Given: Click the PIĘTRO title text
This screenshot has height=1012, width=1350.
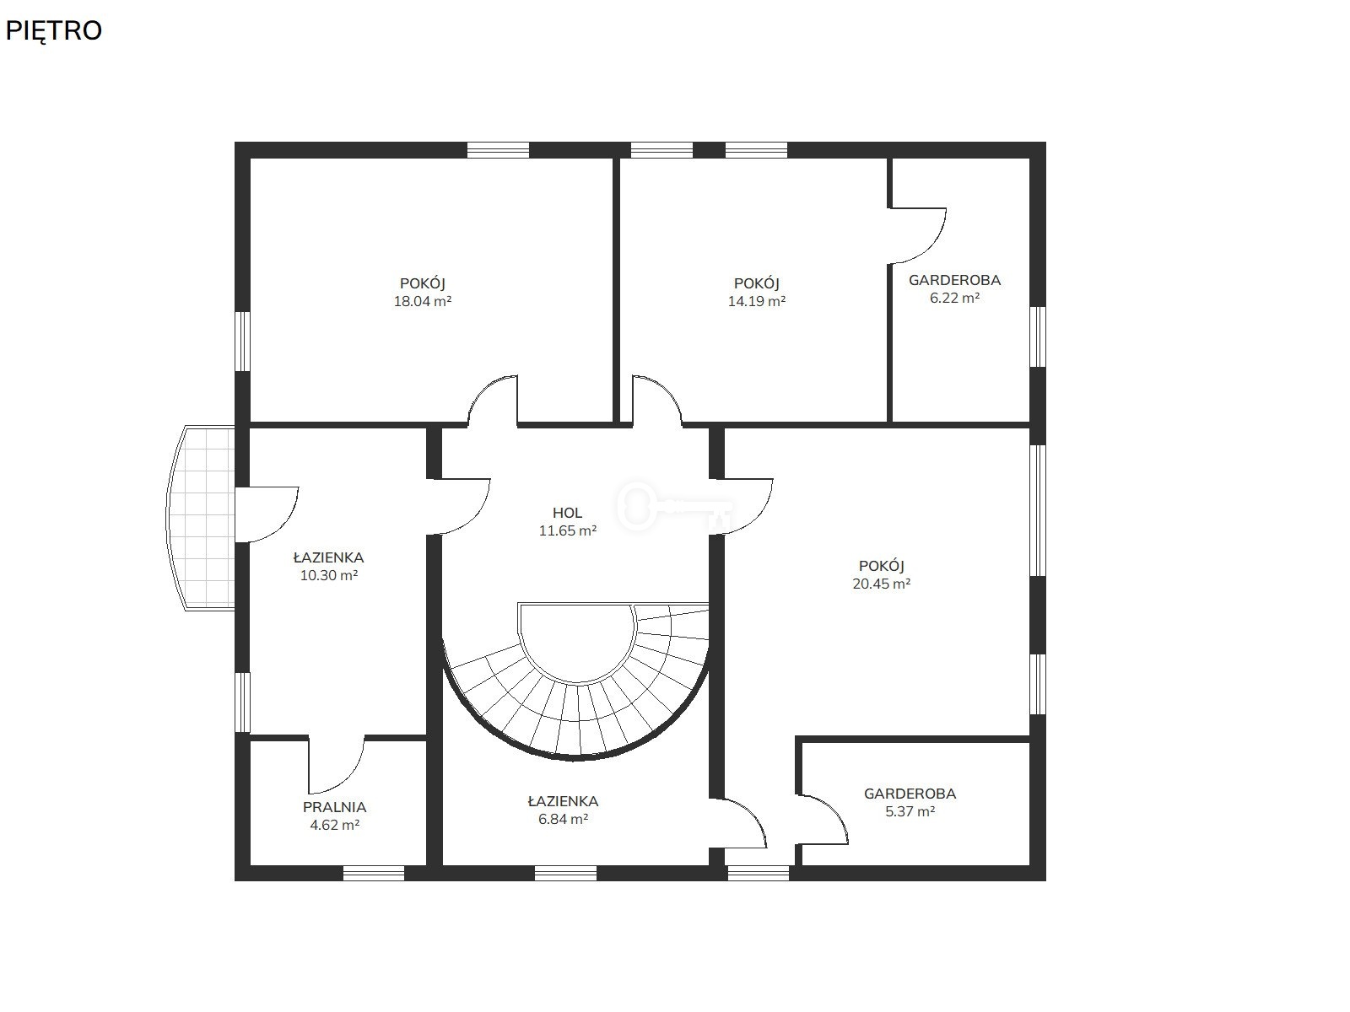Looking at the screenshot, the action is [53, 30].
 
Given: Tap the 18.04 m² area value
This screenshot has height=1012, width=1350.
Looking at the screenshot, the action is [423, 301].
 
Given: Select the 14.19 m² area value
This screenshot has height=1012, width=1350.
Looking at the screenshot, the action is [757, 301].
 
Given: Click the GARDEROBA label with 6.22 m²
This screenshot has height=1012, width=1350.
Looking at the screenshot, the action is [954, 280].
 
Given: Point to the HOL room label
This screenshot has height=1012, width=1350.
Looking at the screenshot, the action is [567, 513].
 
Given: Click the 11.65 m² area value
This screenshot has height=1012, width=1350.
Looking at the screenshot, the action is [568, 530].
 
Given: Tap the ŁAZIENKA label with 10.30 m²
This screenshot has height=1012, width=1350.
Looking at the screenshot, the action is [328, 557].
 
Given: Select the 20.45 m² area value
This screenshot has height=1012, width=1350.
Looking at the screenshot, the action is [882, 584].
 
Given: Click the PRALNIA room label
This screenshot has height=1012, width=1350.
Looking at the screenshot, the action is [334, 807].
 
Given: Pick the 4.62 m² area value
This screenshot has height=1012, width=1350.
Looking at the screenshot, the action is [335, 825].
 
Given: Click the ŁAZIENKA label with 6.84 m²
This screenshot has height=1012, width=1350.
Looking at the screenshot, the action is [563, 801].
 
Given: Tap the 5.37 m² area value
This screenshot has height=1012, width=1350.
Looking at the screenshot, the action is [910, 811].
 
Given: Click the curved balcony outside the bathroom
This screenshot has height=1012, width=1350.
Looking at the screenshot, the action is [201, 518].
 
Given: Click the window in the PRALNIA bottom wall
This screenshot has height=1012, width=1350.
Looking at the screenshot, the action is [373, 873].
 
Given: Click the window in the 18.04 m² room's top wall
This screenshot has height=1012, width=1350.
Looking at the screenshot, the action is [498, 150].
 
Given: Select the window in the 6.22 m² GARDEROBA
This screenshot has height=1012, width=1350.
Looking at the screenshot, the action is [1038, 336].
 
